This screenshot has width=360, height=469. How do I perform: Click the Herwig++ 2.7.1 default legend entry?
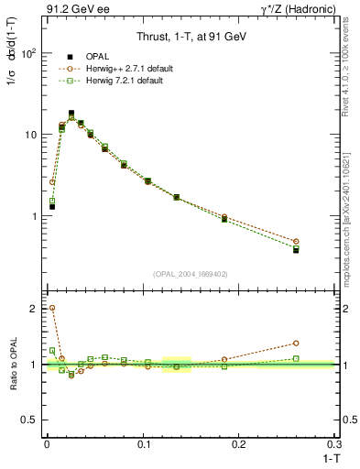pos(125,69)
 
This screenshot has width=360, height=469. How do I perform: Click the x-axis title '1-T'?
pos(329,458)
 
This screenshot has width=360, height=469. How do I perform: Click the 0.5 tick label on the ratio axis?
pos(29,420)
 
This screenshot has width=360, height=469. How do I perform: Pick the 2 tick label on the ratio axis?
pos(34,309)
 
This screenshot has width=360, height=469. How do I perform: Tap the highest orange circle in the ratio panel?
pos(52,309)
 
